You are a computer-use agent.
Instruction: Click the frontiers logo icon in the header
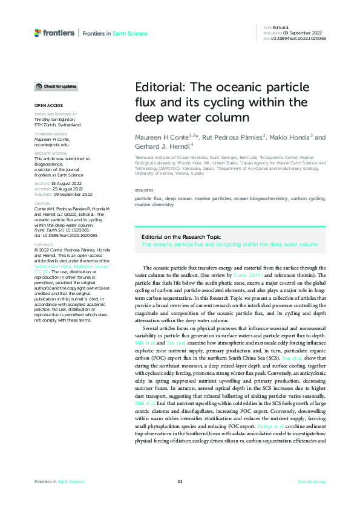[x=38, y=33]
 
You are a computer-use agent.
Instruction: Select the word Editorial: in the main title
[x=159, y=88]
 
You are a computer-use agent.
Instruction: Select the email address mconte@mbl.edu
[x=51, y=145]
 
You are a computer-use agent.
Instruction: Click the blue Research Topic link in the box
[x=229, y=244]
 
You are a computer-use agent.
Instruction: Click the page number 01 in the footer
[x=180, y=481]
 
